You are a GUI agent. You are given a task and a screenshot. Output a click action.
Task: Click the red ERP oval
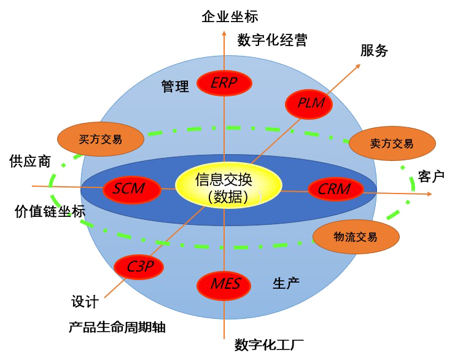224,83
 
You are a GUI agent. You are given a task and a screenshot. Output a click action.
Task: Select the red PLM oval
310,103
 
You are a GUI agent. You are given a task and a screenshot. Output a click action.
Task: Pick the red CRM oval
334,189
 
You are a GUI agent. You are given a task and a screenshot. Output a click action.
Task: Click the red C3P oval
139,267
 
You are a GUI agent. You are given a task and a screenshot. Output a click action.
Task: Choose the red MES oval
224,284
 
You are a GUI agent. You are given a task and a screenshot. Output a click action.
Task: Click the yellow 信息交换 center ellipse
228,188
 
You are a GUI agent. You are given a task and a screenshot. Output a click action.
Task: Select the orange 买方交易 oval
101,139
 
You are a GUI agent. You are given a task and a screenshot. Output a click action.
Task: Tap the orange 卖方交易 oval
392,144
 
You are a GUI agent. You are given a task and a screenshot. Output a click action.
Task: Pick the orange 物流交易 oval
356,237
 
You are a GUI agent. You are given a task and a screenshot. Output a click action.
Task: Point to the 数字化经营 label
272,41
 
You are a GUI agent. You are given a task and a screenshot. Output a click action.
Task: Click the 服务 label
374,51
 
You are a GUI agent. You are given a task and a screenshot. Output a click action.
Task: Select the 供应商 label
30,162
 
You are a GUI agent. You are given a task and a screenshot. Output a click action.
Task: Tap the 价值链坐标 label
50,212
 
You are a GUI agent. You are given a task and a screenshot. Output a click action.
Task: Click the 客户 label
431,176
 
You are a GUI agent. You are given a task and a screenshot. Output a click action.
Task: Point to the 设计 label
85,302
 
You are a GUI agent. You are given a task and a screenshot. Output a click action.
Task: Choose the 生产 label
286,283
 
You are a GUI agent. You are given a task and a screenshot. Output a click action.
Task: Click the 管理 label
175,87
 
